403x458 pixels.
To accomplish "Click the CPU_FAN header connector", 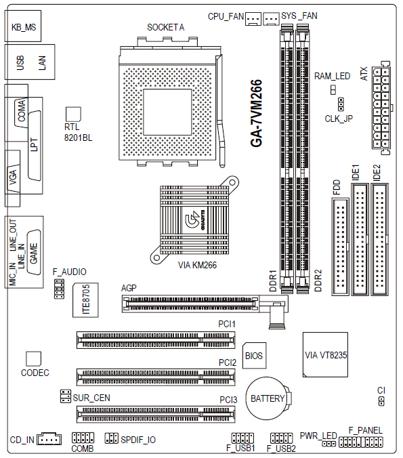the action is point(253,19).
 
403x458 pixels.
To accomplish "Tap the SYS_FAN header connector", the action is point(272,19).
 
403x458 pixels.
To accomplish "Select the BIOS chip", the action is point(255,355).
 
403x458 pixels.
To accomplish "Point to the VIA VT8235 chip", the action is point(325,354).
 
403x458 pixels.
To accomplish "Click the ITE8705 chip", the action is point(85,300).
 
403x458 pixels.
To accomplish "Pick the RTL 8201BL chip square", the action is point(73,114).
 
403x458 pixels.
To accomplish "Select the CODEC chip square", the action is point(34,359).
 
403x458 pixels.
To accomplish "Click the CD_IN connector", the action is point(49,439).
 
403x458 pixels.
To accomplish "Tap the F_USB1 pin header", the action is point(242,438).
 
